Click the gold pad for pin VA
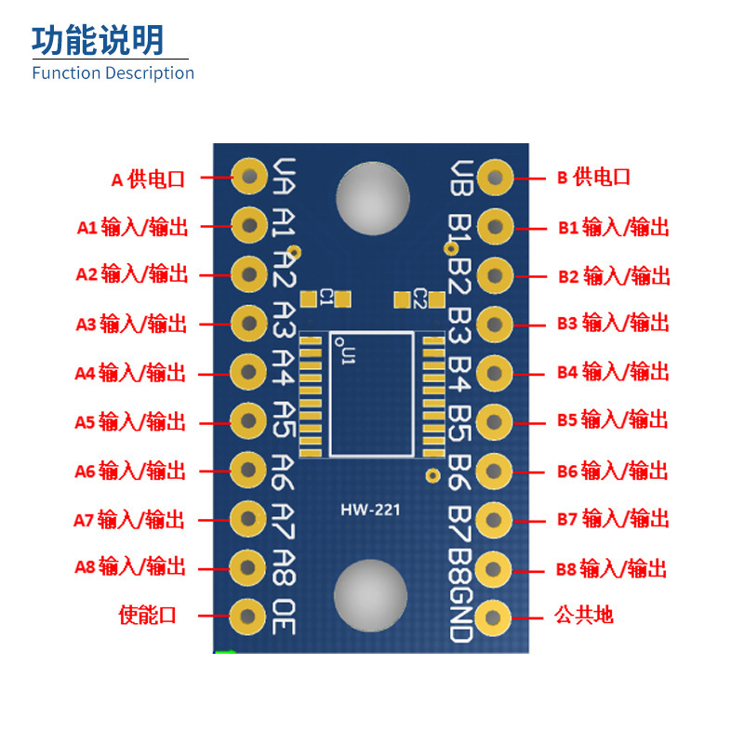(249, 175)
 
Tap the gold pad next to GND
(495, 616)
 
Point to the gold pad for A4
(248, 372)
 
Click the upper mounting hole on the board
(373, 198)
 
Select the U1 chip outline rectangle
(371, 394)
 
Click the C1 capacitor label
(325, 298)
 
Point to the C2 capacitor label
(419, 299)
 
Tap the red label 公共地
(584, 615)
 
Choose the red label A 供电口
(149, 179)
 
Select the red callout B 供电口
(593, 177)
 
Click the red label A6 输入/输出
(130, 471)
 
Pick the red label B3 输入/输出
(613, 324)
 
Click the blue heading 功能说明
(98, 40)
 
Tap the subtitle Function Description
(113, 73)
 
